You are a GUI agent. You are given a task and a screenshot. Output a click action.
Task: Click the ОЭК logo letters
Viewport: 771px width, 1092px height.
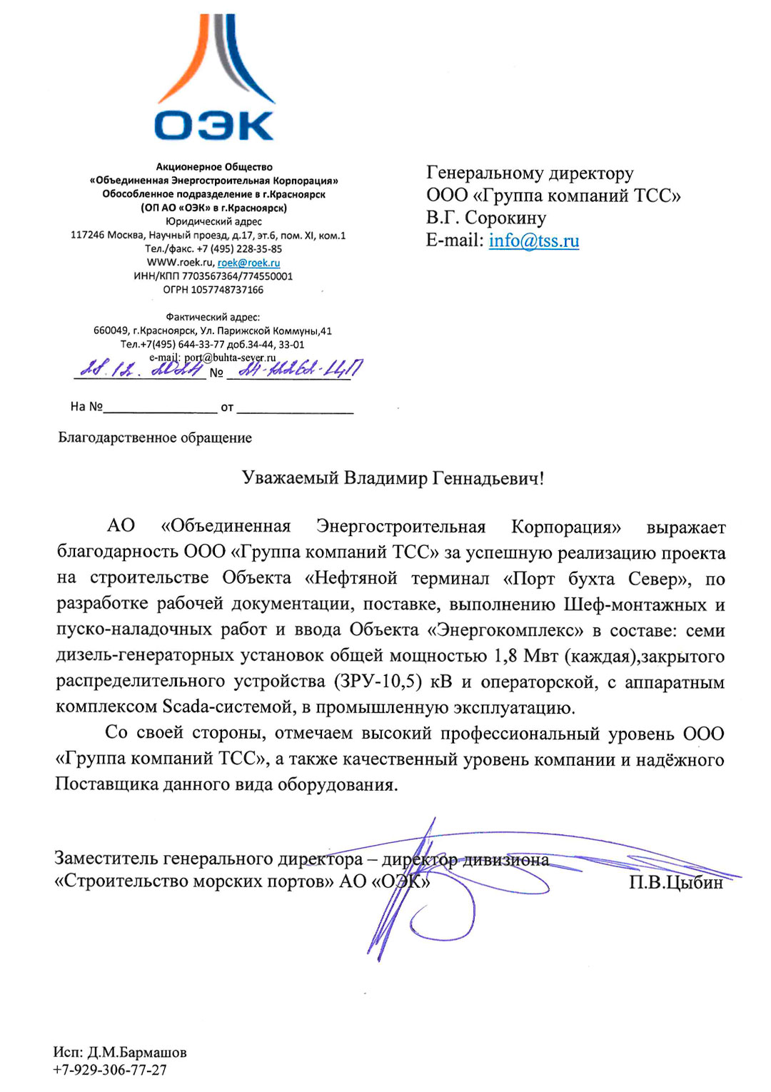213,126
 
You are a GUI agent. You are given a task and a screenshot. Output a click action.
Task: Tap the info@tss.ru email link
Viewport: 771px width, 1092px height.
533,241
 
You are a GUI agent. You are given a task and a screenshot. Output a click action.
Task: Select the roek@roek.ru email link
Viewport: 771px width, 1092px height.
248,263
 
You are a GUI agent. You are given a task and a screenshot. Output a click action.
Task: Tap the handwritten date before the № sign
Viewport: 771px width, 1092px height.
140,369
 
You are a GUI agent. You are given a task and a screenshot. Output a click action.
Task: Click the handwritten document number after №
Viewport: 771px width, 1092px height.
300,369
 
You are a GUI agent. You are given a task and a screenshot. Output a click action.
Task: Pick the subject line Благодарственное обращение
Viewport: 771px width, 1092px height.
155,438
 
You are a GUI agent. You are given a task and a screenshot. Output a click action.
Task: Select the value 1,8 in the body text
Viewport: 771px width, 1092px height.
505,656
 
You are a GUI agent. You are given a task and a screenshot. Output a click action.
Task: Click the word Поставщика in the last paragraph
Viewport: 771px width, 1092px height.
107,784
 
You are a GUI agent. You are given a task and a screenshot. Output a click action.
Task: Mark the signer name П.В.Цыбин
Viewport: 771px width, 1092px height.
675,883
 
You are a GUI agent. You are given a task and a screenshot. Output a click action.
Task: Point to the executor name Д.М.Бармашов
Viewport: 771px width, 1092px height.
137,1053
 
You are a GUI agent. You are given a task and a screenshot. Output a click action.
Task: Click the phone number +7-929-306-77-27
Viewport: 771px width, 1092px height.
110,1070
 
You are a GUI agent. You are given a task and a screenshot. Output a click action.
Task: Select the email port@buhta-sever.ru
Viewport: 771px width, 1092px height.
230,358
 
